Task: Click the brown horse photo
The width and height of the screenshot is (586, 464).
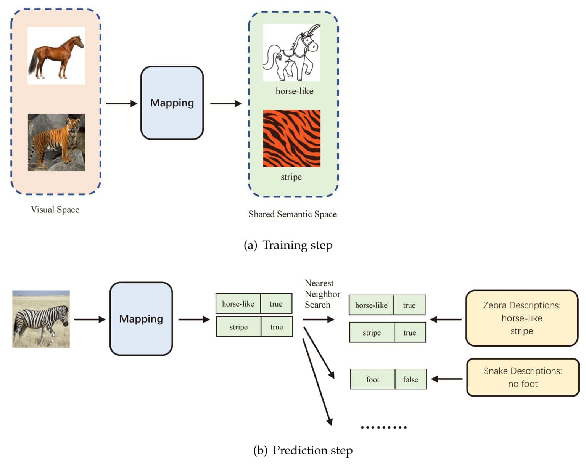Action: pyautogui.click(x=56, y=56)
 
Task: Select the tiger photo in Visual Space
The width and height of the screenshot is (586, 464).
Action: pyautogui.click(x=56, y=142)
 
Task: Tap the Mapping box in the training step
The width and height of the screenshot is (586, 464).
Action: pyautogui.click(x=172, y=103)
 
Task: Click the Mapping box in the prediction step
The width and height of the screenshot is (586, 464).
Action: pyautogui.click(x=141, y=319)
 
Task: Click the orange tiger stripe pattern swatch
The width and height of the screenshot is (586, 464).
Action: pyautogui.click(x=291, y=138)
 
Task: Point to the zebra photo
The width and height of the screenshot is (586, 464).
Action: pyautogui.click(x=41, y=319)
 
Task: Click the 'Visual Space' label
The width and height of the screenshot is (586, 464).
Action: pyautogui.click(x=55, y=209)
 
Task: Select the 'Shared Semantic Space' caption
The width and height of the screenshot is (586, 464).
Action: pyautogui.click(x=293, y=214)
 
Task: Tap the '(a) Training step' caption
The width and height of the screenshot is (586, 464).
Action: pyautogui.click(x=288, y=245)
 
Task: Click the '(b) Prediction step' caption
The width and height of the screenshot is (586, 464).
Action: pyautogui.click(x=303, y=450)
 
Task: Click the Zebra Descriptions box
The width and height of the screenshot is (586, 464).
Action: pyautogui.click(x=522, y=318)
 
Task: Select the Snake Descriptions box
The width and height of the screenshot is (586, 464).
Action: pyautogui.click(x=523, y=377)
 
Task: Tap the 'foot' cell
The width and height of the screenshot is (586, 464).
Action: pyautogui.click(x=372, y=379)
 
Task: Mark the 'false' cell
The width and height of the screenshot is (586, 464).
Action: pyautogui.click(x=411, y=379)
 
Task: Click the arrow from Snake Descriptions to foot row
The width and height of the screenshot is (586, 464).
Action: pyautogui.click(x=446, y=379)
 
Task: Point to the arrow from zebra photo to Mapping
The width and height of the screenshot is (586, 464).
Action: pyautogui.click(x=90, y=320)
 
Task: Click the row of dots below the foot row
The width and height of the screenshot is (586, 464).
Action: pyautogui.click(x=384, y=427)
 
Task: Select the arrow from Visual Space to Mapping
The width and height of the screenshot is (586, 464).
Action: pyautogui.click(x=121, y=103)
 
